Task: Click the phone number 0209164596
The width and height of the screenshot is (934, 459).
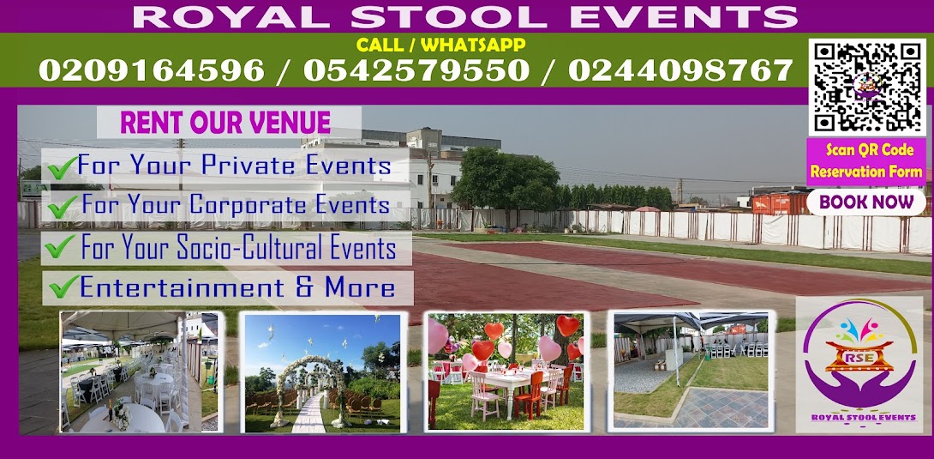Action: [152, 70]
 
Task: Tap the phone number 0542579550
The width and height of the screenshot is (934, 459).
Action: [416, 70]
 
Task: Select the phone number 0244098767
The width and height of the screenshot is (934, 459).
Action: [680, 70]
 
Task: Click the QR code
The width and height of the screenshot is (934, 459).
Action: [866, 88]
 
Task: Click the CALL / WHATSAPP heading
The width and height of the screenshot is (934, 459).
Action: [440, 45]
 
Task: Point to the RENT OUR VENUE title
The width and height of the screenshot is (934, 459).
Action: [225, 123]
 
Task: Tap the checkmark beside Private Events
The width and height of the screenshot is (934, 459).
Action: [62, 167]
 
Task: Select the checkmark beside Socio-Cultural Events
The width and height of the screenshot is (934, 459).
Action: [60, 246]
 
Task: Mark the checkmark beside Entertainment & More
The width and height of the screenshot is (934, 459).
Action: [64, 287]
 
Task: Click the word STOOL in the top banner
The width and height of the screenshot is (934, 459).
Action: [448, 16]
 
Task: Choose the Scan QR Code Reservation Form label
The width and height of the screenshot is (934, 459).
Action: [866, 161]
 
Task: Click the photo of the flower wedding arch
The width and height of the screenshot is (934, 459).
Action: [322, 372]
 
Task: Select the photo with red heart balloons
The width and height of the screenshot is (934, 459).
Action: [506, 371]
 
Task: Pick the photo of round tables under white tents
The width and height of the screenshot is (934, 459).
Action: [140, 371]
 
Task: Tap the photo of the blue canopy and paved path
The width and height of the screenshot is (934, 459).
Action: [691, 370]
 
